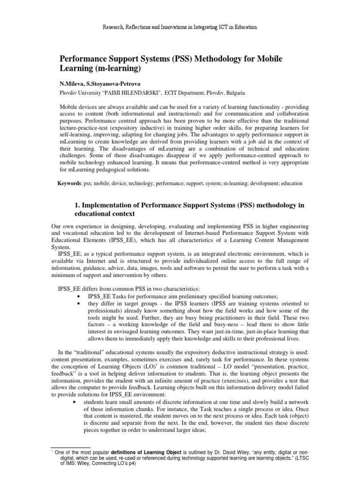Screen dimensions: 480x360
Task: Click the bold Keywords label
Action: pos(69,183)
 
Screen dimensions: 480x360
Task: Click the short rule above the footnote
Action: pos(70,447)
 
